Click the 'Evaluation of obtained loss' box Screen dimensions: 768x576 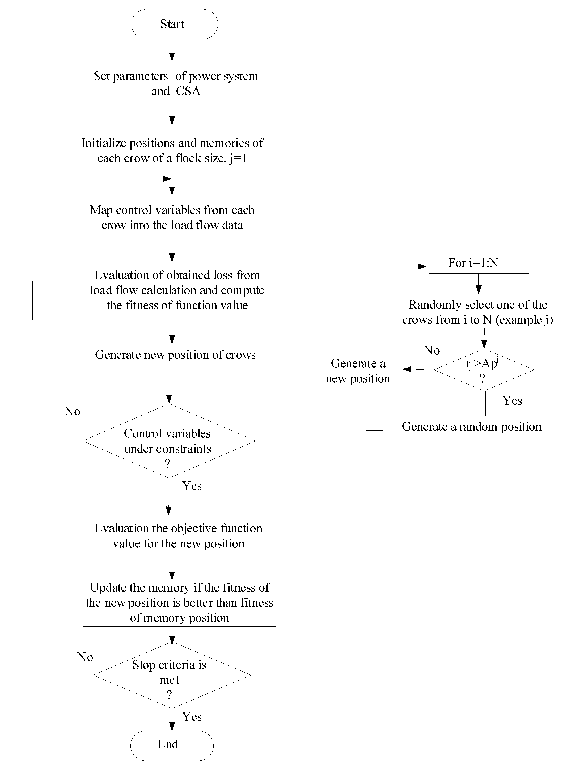(172, 290)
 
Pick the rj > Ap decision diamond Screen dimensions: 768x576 (484, 370)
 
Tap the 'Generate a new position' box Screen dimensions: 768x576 (361, 371)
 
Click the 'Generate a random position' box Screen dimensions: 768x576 (476, 430)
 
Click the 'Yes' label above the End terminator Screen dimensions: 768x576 (192, 717)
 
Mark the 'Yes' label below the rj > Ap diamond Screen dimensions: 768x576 (512, 401)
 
